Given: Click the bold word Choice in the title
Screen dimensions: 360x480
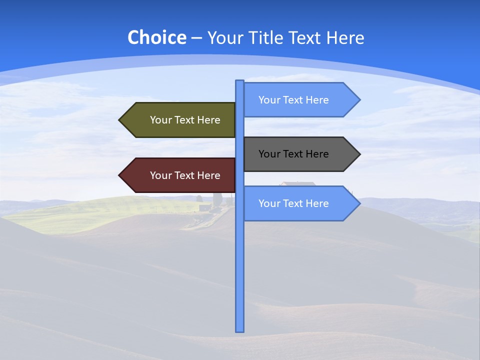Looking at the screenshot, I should coord(156,37).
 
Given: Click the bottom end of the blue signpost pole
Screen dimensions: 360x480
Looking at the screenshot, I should coord(240,330).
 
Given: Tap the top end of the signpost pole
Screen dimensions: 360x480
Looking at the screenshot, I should coord(240,81).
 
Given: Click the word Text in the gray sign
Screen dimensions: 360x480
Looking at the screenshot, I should coord(293,154).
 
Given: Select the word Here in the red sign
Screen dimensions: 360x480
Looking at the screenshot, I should coord(209,175).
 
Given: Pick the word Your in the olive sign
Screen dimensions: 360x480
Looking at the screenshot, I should coord(160,120).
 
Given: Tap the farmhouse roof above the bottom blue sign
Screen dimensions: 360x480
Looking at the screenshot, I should coord(297,183).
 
